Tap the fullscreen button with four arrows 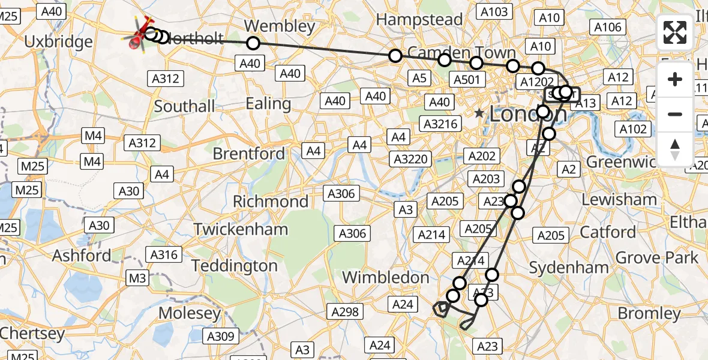(x=675, y=32)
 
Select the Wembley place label (x=280, y=26)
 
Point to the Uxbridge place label (x=59, y=42)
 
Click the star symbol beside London (x=479, y=113)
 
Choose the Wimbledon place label (x=385, y=277)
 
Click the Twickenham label (x=241, y=229)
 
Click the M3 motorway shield (x=137, y=278)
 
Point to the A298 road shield (x=345, y=311)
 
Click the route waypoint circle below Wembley (x=253, y=43)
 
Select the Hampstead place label (x=419, y=20)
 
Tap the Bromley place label (x=649, y=313)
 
